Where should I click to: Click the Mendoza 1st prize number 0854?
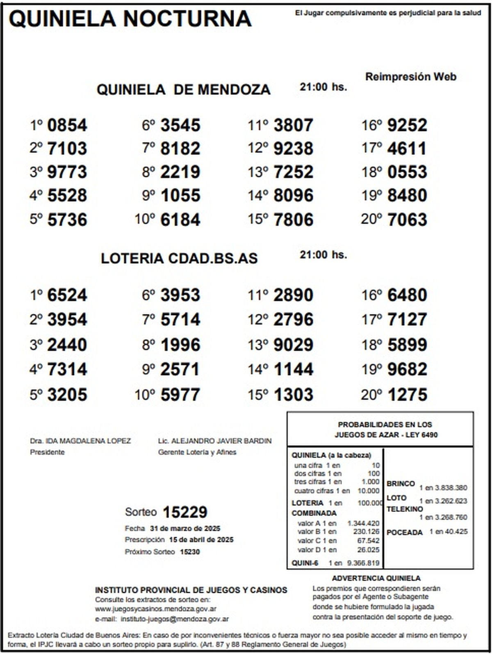(x=67, y=125)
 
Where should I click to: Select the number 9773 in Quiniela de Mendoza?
(x=67, y=172)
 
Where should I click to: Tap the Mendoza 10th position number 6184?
(x=180, y=220)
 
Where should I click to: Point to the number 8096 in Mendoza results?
(x=294, y=195)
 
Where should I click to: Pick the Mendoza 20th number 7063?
(x=407, y=220)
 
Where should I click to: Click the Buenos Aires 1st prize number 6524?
(x=67, y=295)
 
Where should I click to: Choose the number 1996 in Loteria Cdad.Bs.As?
(x=180, y=345)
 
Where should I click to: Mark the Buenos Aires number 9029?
(x=294, y=345)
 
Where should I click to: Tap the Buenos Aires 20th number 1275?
(x=407, y=395)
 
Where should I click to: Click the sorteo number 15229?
(x=185, y=512)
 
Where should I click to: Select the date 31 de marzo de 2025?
(x=185, y=528)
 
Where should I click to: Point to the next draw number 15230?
(x=190, y=552)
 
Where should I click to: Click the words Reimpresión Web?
(x=410, y=77)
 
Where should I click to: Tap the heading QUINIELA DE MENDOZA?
(x=183, y=89)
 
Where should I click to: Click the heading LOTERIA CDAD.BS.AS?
(x=179, y=258)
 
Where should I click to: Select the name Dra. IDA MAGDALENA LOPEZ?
(x=80, y=441)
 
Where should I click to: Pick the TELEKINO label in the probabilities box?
(x=405, y=509)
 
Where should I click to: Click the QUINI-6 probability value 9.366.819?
(x=363, y=563)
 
